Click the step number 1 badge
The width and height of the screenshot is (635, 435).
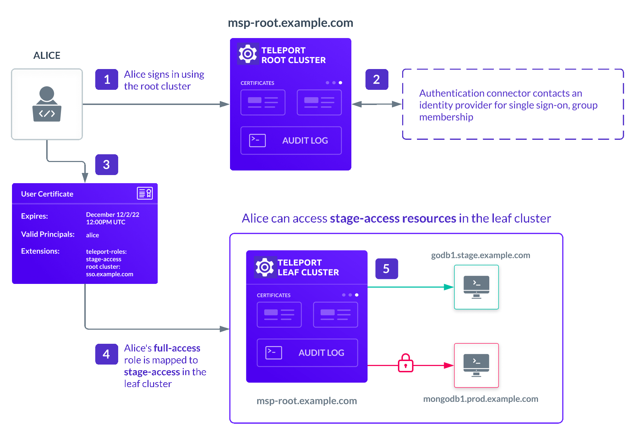point(107,80)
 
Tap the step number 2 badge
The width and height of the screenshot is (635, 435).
point(377,80)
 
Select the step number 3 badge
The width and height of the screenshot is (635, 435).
point(107,164)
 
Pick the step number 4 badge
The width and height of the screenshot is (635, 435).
point(107,354)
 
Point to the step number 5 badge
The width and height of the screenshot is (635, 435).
point(387,269)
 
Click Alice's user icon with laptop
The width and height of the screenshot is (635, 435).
point(47,104)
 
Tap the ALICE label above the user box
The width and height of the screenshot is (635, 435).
point(47,55)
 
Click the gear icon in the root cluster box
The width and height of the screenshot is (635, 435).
point(248,54)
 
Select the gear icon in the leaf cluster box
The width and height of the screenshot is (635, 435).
point(265,267)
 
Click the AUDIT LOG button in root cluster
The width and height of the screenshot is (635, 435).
point(291,141)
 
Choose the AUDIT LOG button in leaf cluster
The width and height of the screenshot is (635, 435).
point(307,353)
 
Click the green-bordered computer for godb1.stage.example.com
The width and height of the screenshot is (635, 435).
point(476,287)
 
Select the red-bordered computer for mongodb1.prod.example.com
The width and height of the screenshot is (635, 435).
point(476,365)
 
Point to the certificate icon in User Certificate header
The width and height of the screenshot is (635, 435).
point(145,193)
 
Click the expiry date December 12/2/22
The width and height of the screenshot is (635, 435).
point(113,215)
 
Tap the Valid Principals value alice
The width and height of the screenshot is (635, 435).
point(92,235)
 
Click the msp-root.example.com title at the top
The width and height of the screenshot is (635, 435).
point(290,23)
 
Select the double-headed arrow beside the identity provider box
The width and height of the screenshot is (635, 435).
point(377,104)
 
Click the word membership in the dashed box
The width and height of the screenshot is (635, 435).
point(446,117)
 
